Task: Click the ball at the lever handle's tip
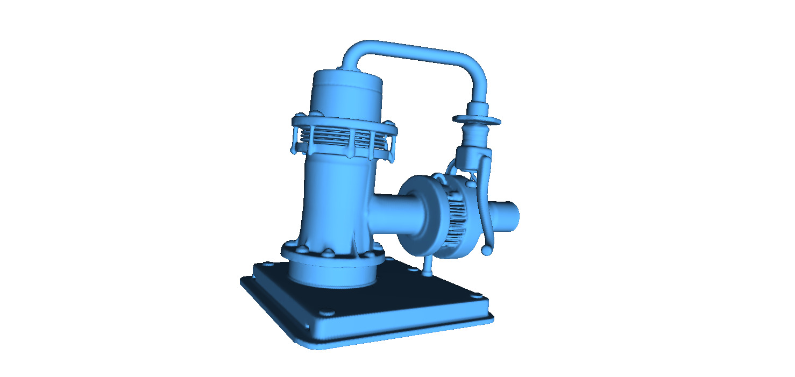486,250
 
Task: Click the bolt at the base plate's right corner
475,294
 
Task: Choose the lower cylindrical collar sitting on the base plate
331,274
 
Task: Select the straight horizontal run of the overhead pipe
414,50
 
